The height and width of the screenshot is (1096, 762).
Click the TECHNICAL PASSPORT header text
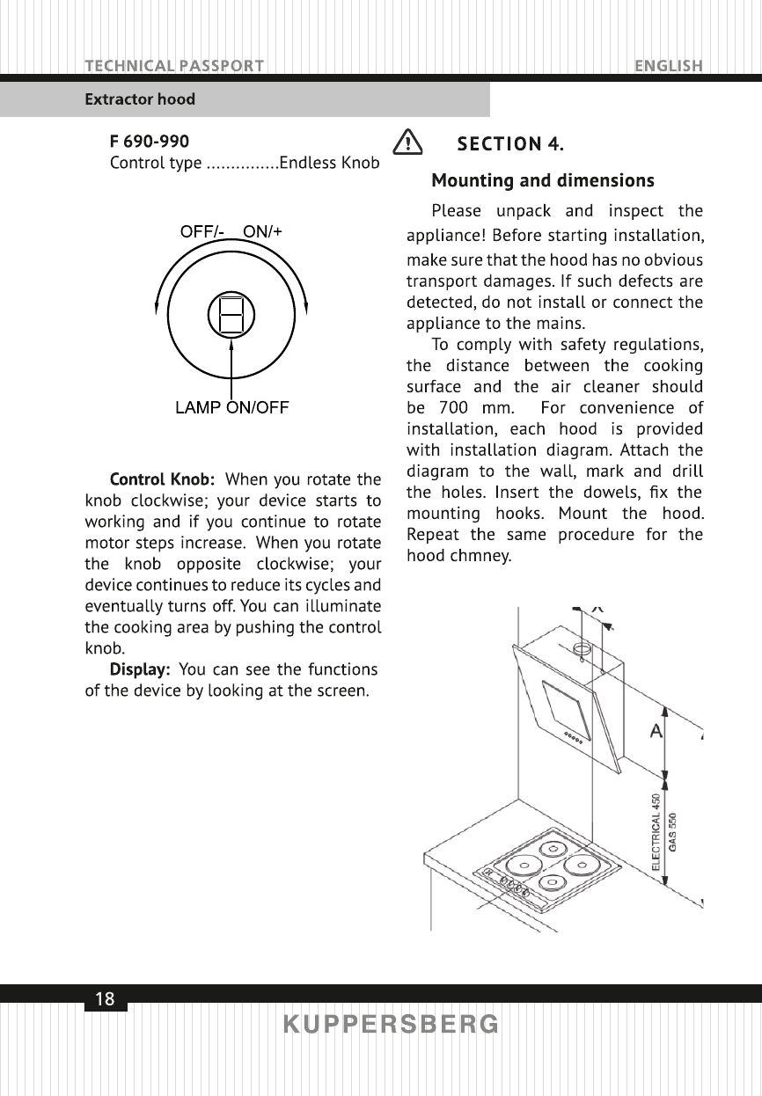[x=174, y=66]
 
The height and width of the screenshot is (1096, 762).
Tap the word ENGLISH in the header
[x=668, y=66]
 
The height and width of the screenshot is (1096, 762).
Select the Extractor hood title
[x=140, y=99]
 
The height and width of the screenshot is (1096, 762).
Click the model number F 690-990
[x=149, y=142]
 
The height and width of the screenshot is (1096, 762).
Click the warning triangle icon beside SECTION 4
[x=407, y=142]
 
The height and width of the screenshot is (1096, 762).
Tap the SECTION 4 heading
[x=510, y=143]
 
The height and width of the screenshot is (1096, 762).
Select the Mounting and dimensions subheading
[x=542, y=181]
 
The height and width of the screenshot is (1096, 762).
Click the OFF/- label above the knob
[x=202, y=232]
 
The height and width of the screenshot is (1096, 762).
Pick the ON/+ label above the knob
[x=262, y=232]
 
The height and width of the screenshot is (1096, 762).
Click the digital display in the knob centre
[x=231, y=314]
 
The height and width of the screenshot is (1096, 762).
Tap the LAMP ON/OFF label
[x=232, y=407]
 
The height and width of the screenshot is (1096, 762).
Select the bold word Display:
[x=140, y=670]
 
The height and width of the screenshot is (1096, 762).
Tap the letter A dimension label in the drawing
[x=656, y=731]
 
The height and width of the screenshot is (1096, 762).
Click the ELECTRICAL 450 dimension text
[x=656, y=831]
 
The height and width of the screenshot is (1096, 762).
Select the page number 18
[x=105, y=999]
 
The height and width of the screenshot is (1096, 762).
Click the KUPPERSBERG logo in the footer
[x=391, y=1025]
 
